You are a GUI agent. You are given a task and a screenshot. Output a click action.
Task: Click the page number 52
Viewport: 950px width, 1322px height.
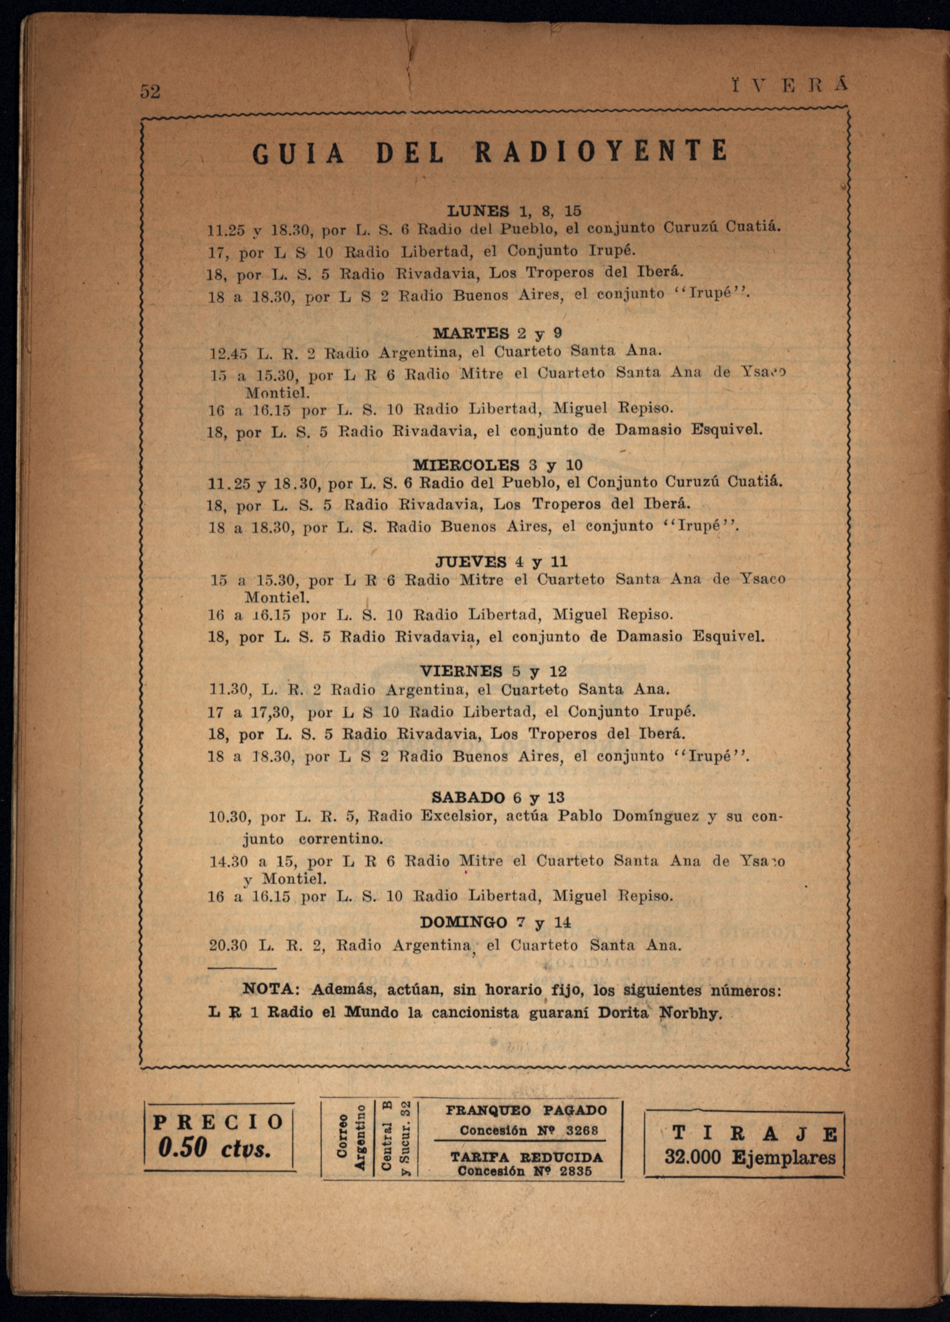(x=150, y=92)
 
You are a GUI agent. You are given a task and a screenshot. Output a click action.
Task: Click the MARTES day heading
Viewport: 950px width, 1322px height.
(x=471, y=333)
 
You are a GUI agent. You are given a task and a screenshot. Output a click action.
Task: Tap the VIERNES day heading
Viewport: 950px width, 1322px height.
(x=461, y=671)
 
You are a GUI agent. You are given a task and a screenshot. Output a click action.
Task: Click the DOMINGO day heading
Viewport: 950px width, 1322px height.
(x=463, y=923)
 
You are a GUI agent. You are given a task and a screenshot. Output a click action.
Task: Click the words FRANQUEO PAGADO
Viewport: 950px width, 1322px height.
(x=526, y=1110)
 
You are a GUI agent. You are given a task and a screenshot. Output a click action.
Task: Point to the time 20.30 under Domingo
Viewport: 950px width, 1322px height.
(x=228, y=946)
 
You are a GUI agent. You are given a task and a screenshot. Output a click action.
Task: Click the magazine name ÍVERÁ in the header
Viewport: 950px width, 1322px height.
(x=789, y=85)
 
